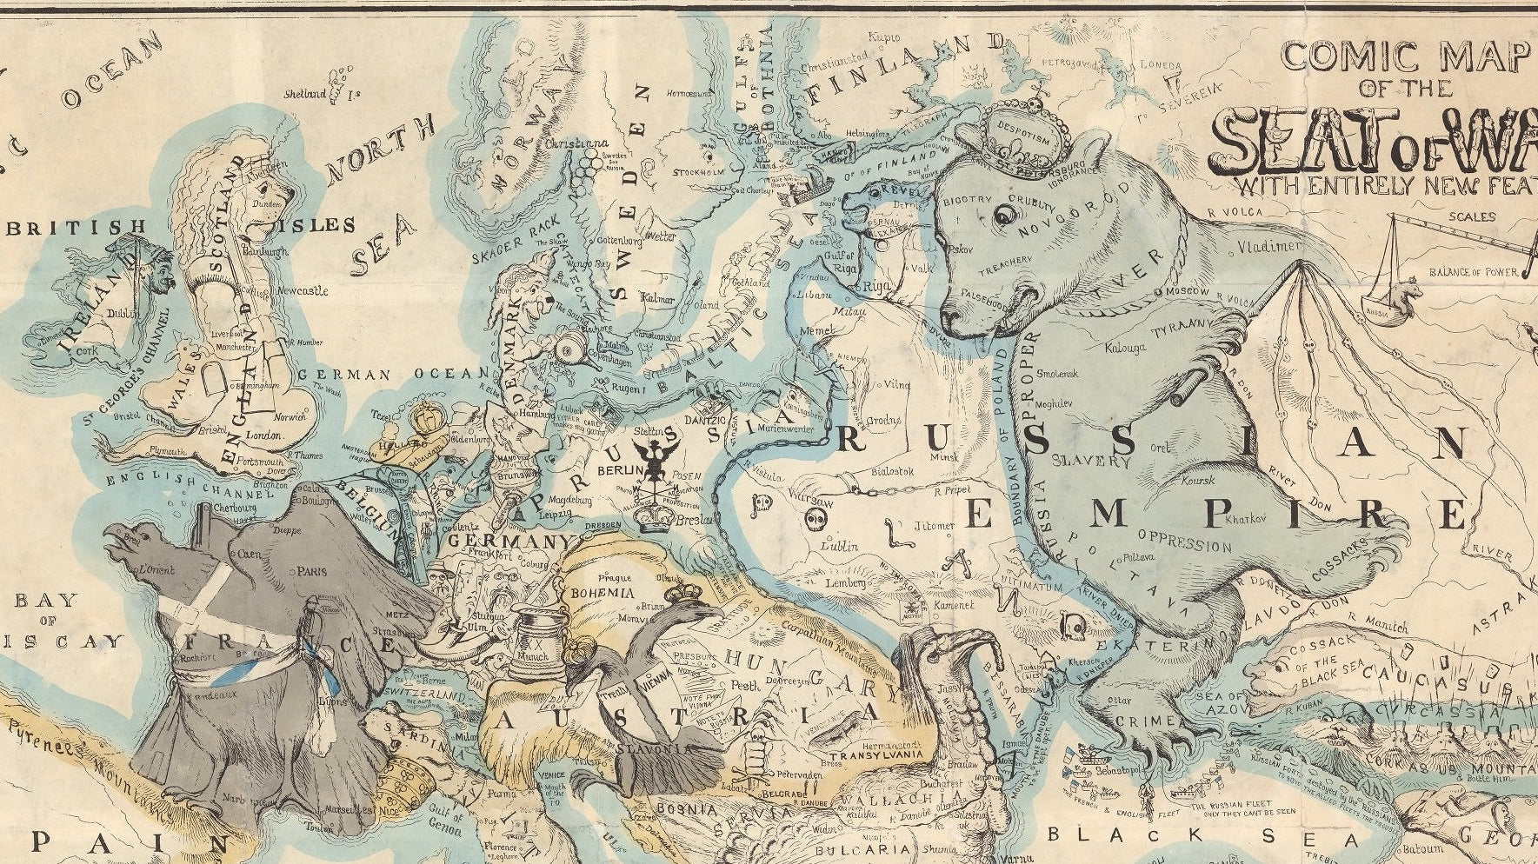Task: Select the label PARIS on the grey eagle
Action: click(x=305, y=573)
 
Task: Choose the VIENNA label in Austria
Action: click(x=659, y=686)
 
